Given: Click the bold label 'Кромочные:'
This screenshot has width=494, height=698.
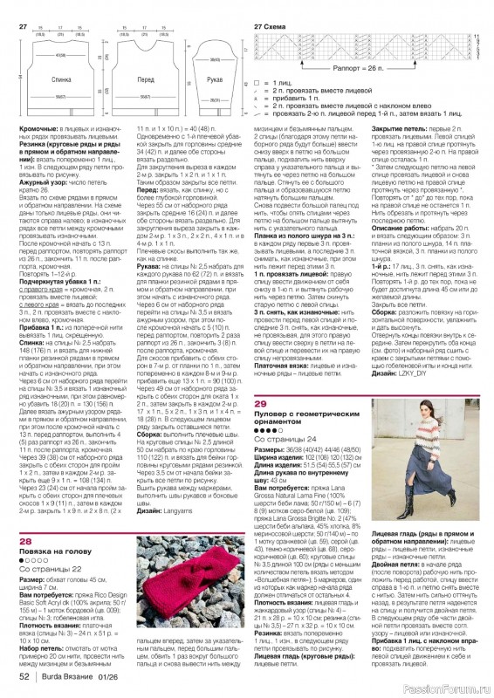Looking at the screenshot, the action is tap(38, 129).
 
